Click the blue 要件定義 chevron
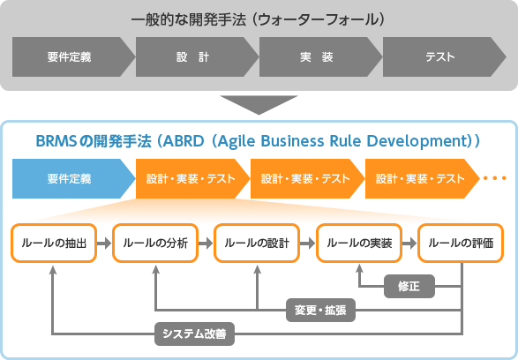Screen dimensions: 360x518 pyautogui.click(x=71, y=179)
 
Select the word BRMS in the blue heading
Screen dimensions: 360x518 pyautogui.click(x=57, y=140)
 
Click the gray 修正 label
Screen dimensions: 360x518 pyautogui.click(x=408, y=286)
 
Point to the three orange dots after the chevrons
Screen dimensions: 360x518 pyautogui.click(x=494, y=179)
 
